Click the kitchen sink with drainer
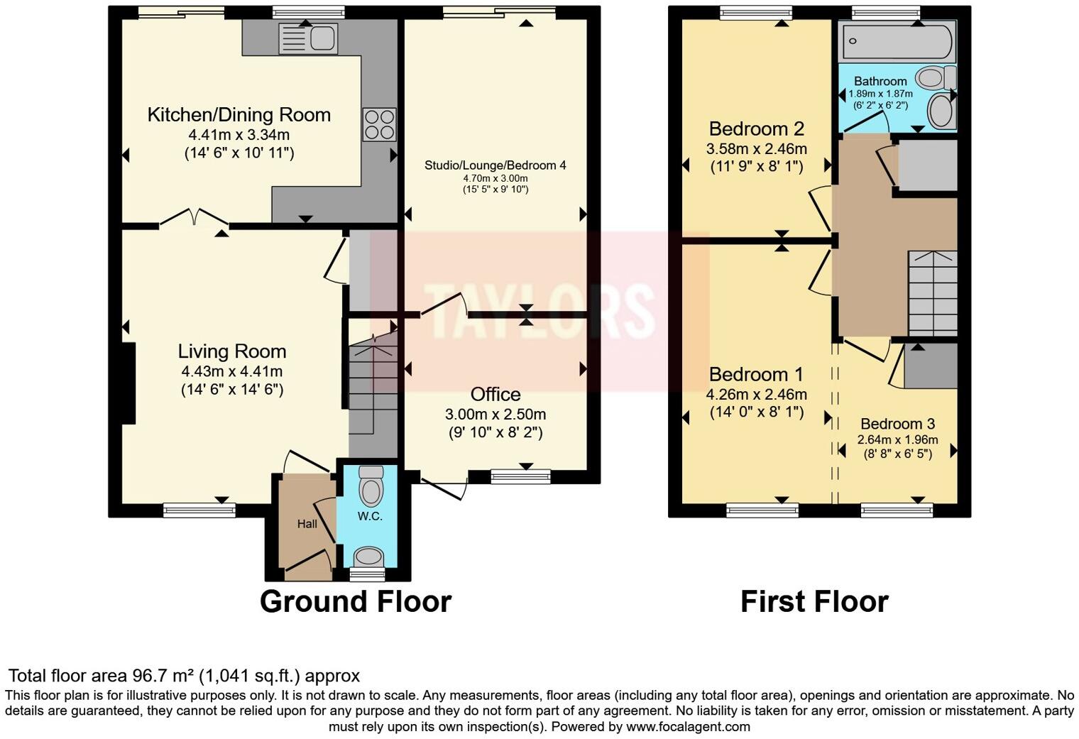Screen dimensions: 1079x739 308,38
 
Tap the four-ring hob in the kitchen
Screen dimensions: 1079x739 380,124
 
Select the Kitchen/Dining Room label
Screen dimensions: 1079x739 239,115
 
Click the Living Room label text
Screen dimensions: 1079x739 232,351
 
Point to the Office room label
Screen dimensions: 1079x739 495,394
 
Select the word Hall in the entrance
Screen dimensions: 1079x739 307,524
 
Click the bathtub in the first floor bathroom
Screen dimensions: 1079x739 897,41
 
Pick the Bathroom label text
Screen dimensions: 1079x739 880,81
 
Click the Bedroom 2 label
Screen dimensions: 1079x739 757,128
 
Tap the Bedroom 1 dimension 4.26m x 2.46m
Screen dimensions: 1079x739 756,394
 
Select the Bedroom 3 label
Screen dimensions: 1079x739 897,424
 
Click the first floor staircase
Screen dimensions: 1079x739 933,293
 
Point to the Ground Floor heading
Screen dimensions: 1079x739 356,601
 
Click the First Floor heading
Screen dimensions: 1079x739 814,601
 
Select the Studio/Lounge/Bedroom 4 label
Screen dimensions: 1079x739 495,165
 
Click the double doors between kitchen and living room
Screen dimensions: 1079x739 194,217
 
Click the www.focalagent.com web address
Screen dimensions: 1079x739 688,726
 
